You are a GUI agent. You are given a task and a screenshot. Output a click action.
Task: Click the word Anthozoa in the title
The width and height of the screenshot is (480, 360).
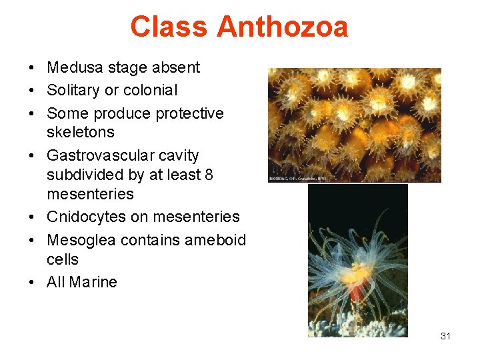tap(282, 27)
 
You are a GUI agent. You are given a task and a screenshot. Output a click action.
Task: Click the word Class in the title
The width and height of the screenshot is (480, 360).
tap(171, 27)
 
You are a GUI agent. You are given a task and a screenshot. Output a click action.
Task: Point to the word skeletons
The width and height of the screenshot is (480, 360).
tap(81, 132)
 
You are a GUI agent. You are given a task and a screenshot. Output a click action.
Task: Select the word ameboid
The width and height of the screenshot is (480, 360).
tap(213, 239)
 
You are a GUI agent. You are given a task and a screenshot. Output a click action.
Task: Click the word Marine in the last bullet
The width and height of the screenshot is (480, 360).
tap(93, 282)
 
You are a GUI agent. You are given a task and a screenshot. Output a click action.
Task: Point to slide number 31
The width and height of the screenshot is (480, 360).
tap(445, 336)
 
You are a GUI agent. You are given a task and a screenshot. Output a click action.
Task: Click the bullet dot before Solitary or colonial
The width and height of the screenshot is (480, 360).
tap(32, 91)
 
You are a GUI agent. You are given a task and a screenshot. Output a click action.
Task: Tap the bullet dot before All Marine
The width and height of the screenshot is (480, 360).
tap(32, 283)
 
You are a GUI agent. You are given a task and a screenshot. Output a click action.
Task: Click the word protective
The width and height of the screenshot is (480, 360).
tap(190, 113)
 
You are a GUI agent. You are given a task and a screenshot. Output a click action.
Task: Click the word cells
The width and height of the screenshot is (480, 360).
tap(63, 259)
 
